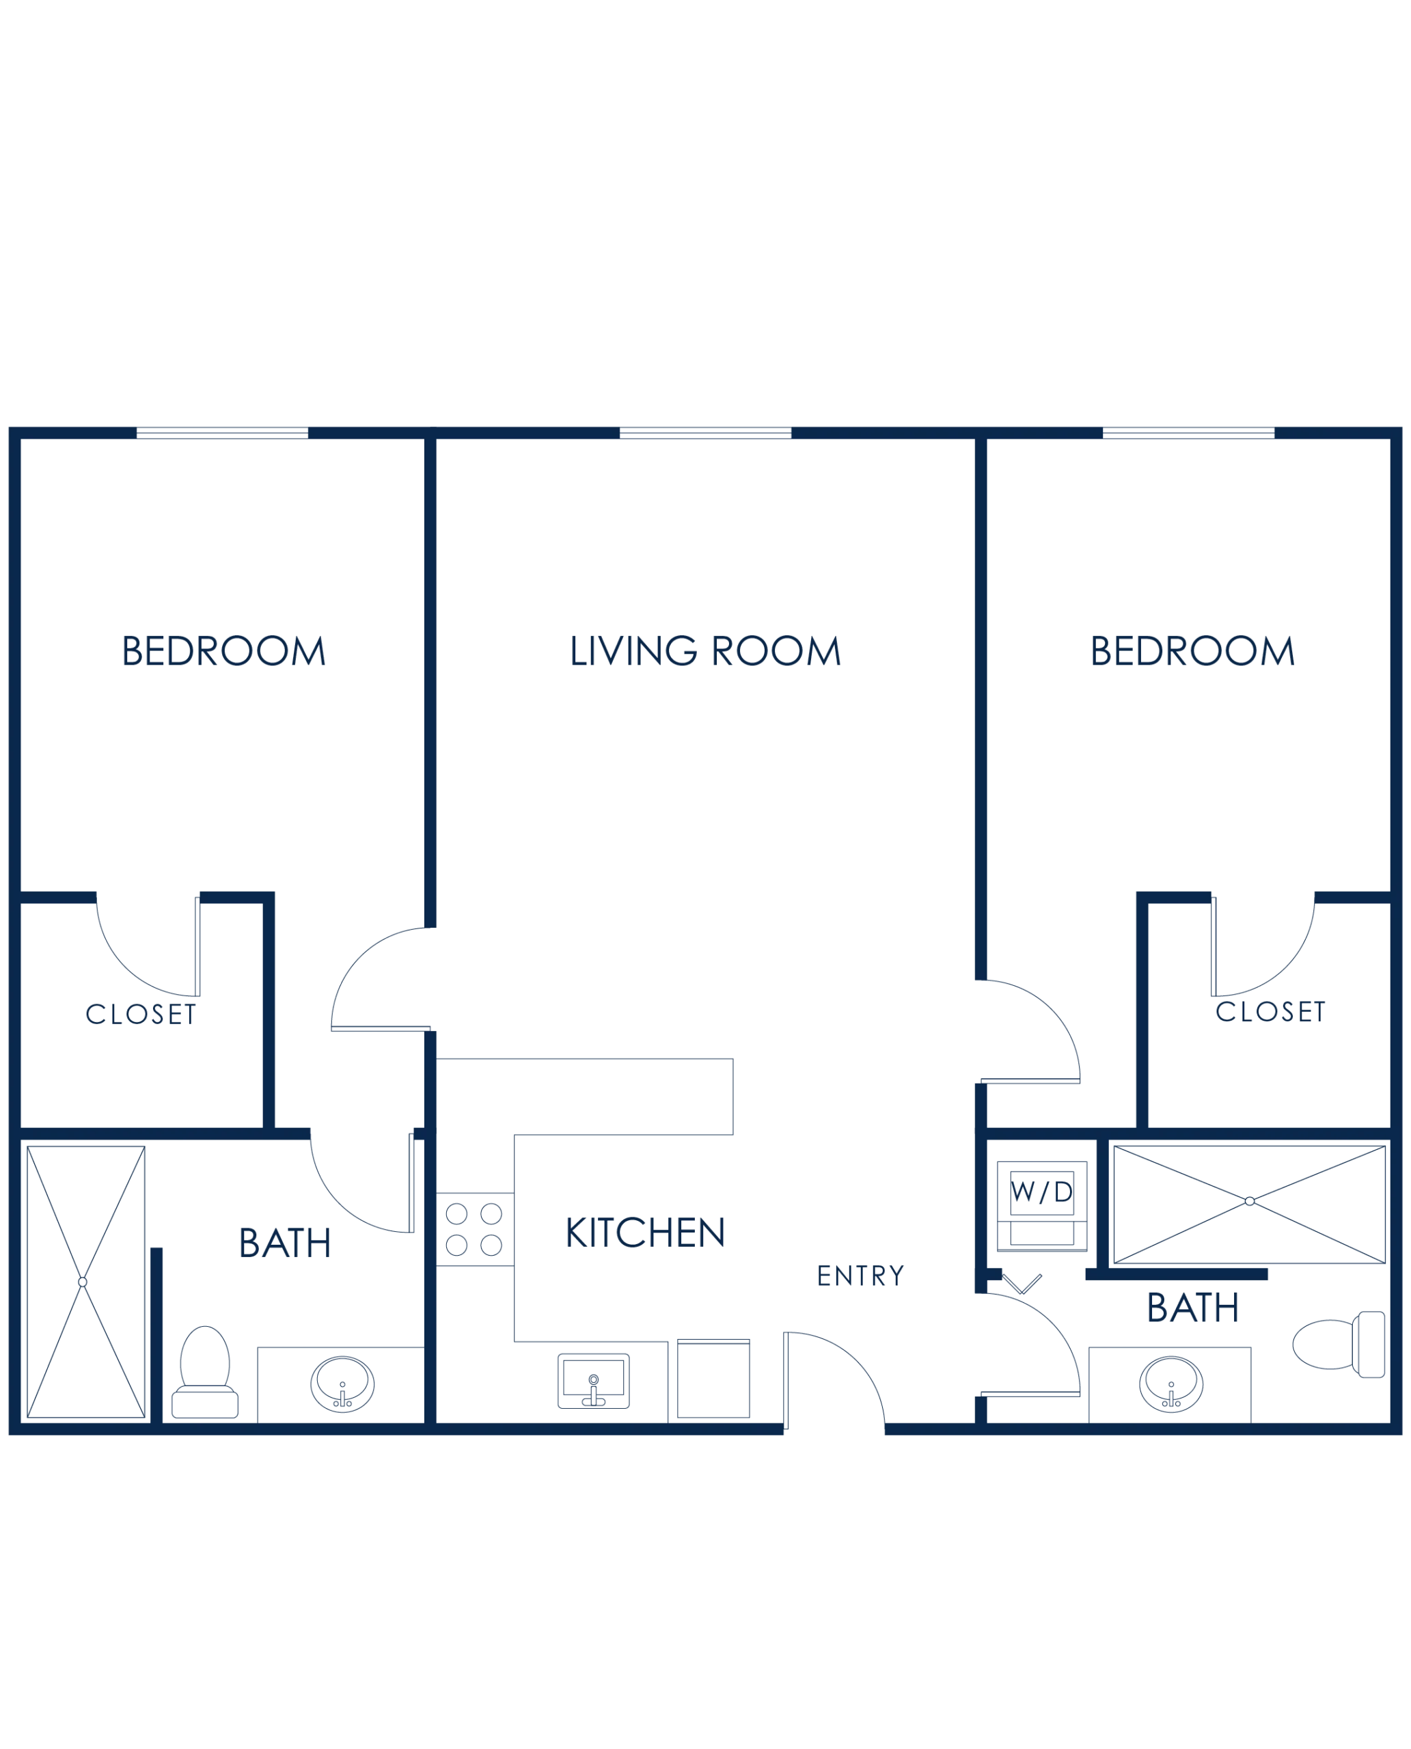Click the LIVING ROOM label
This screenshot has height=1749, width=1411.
point(704,652)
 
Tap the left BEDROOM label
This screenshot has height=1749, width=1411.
point(223,652)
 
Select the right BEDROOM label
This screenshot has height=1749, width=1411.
point(1191,652)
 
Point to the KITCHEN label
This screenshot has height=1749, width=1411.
point(644,1233)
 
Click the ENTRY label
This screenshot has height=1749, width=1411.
point(860,1278)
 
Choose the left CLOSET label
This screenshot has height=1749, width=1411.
point(138,1015)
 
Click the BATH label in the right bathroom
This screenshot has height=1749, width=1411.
point(1192,1308)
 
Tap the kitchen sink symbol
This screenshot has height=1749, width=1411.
point(593,1380)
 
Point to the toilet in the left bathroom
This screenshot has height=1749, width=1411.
point(205,1373)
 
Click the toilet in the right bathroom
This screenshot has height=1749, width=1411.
point(1341,1345)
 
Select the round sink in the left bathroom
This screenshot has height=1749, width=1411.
point(342,1384)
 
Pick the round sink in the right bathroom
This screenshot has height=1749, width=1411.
point(1171,1384)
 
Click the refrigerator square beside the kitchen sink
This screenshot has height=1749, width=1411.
point(716,1379)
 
